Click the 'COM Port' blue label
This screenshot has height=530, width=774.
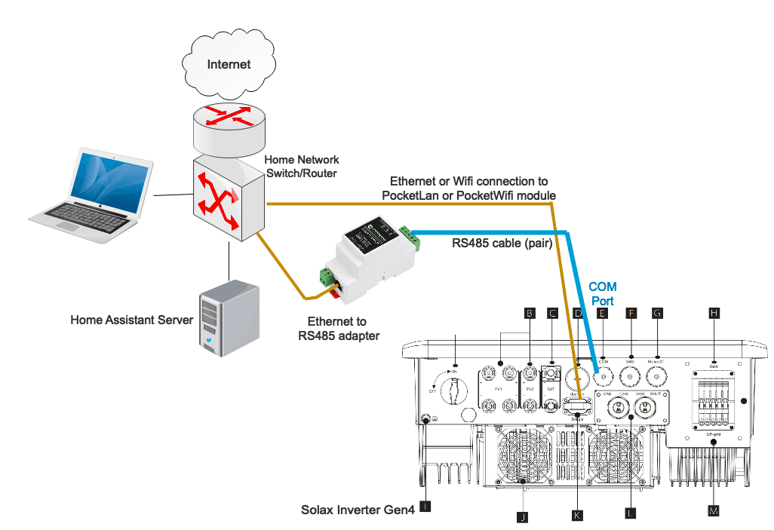click(x=602, y=293)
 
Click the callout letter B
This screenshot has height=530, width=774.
click(x=530, y=312)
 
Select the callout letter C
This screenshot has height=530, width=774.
click(x=553, y=312)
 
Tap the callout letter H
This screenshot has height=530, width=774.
click(x=714, y=312)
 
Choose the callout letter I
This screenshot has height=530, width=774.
click(x=426, y=507)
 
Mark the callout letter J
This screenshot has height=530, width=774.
click(x=521, y=516)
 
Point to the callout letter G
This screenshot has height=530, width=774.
click(x=657, y=312)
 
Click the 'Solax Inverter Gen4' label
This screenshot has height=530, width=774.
click(x=358, y=510)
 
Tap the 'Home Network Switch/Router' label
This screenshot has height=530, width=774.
click(x=301, y=167)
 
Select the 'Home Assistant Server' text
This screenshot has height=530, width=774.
click(x=131, y=320)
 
